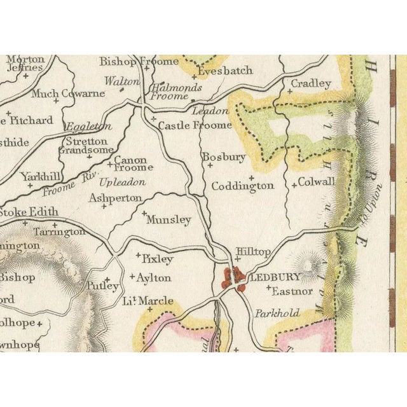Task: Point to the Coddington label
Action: [x=242, y=186]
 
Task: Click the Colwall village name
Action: [x=317, y=182]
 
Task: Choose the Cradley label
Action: [x=311, y=84]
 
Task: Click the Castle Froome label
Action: [x=195, y=125]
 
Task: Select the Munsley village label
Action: [x=169, y=220]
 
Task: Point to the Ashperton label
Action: [x=115, y=198]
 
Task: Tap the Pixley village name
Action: [x=157, y=259]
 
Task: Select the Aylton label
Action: [x=154, y=278]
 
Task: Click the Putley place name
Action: [x=102, y=286]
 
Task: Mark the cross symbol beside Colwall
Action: [x=294, y=185]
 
